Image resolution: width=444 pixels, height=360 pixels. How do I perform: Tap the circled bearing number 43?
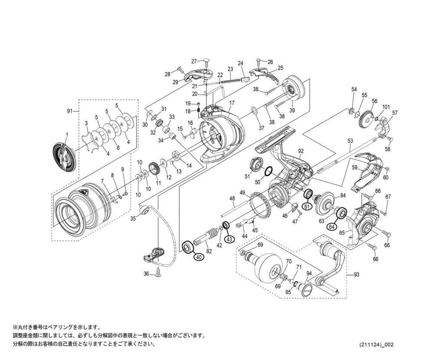click(229, 239)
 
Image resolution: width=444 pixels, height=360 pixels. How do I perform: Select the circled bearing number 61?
click(307, 206)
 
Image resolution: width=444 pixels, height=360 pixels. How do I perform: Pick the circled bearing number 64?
click(332, 226)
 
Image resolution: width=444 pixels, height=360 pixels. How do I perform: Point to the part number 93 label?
click(356, 274)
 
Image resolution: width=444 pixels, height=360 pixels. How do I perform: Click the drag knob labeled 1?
click(64, 155)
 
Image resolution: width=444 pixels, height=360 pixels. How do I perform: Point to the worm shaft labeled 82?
click(209, 236)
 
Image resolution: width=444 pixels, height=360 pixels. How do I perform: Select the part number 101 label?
click(386, 107)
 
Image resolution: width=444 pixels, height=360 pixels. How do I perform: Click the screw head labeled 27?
click(206, 61)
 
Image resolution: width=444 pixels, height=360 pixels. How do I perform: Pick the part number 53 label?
click(350, 141)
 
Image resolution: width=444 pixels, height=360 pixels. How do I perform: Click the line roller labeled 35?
click(145, 211)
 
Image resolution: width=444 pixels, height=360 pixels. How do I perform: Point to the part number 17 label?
click(232, 103)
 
